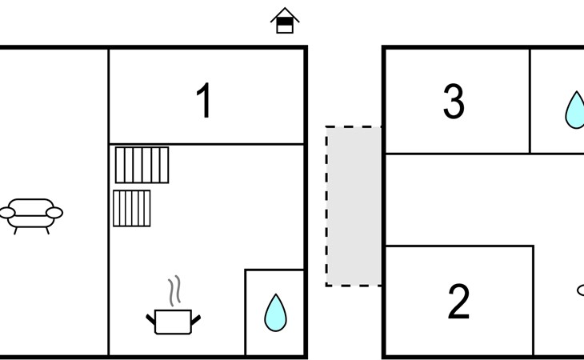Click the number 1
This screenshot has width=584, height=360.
coord(205,102)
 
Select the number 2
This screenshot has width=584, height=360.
coord(458,302)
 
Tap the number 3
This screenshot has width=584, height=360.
coord(454,102)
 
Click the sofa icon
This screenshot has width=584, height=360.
coord(31,214)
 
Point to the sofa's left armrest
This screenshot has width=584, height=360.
coord(8,213)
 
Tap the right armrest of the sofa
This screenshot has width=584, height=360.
coord(54,213)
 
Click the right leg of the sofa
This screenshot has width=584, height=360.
coord(47,230)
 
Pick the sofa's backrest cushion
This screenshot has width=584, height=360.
coord(31,205)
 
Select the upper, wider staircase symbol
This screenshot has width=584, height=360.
coord(142,165)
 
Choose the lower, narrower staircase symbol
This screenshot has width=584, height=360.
coord(132,208)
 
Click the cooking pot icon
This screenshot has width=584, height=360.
coord(173,320)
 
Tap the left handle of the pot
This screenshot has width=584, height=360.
coord(150,320)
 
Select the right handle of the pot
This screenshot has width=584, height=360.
coord(196,320)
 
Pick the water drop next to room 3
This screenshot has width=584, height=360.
coord(574,110)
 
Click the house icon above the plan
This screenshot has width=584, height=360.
coord(285,21)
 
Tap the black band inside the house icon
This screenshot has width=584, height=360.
coord(285,22)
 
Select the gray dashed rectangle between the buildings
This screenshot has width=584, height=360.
coord(354,206)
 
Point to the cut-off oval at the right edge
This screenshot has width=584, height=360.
coord(580,290)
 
